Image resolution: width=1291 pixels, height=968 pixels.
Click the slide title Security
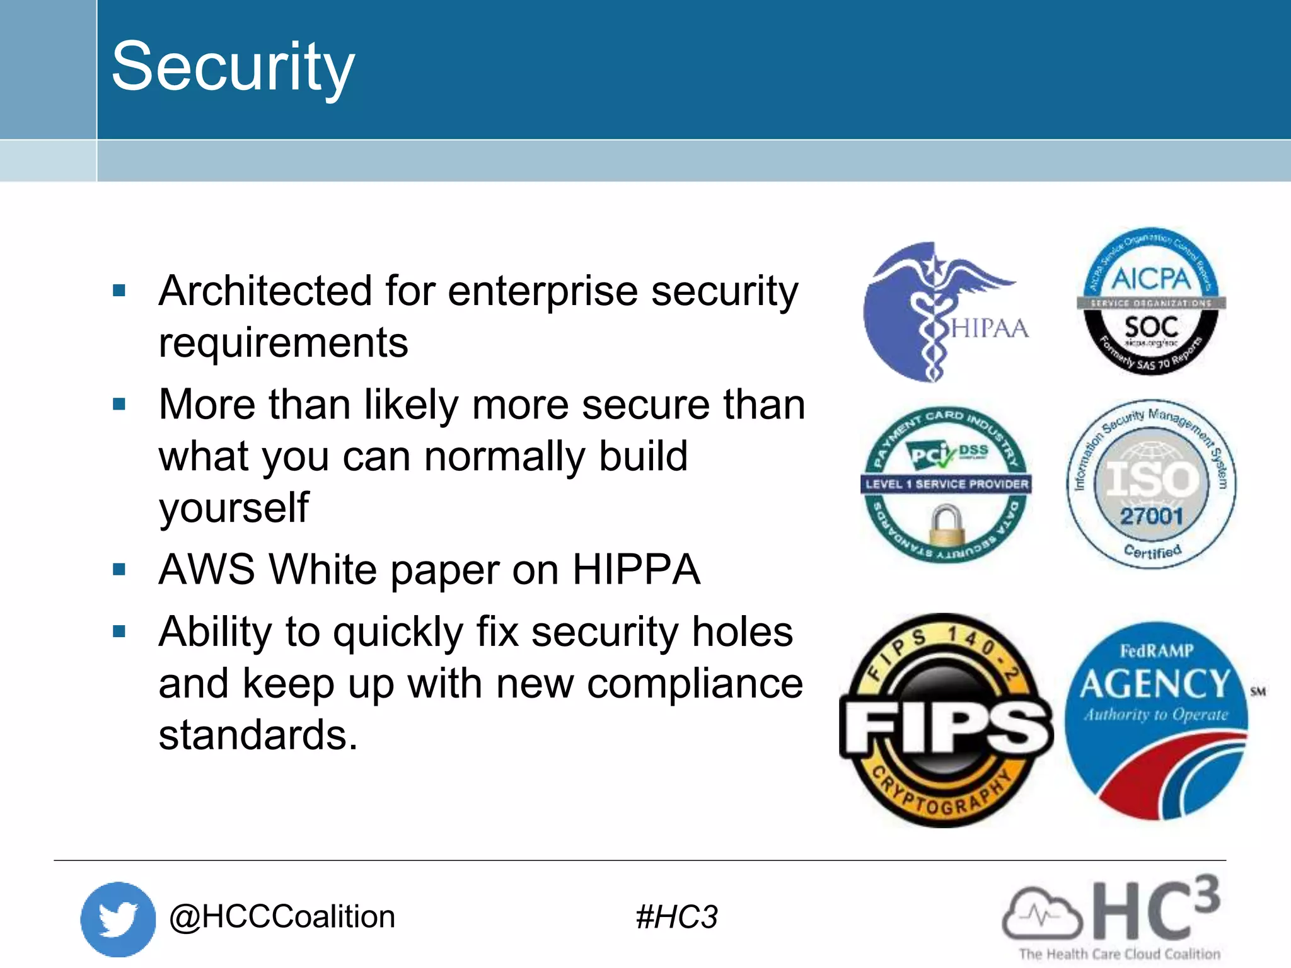(233, 67)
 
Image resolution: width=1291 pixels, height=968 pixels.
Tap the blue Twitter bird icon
(118, 919)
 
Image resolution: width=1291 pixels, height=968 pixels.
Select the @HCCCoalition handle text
(282, 916)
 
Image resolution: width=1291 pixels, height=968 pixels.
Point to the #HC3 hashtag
(676, 917)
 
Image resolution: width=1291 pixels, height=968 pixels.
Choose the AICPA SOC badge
(1151, 301)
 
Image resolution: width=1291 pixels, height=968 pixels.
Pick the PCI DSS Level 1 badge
(946, 484)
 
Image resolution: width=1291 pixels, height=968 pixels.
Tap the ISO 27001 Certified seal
(1151, 484)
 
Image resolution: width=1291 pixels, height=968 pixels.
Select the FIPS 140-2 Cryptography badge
(946, 720)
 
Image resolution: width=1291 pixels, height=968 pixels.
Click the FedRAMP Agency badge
(1156, 720)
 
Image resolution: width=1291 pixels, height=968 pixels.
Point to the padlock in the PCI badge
(946, 524)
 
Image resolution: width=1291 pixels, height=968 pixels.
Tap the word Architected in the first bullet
(265, 291)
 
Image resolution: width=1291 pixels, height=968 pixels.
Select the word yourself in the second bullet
(234, 508)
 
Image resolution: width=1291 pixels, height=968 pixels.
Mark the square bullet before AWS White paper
(119, 570)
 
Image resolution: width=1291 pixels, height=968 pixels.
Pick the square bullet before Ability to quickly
(119, 631)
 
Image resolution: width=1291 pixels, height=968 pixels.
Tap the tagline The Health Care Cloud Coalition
(1120, 954)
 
